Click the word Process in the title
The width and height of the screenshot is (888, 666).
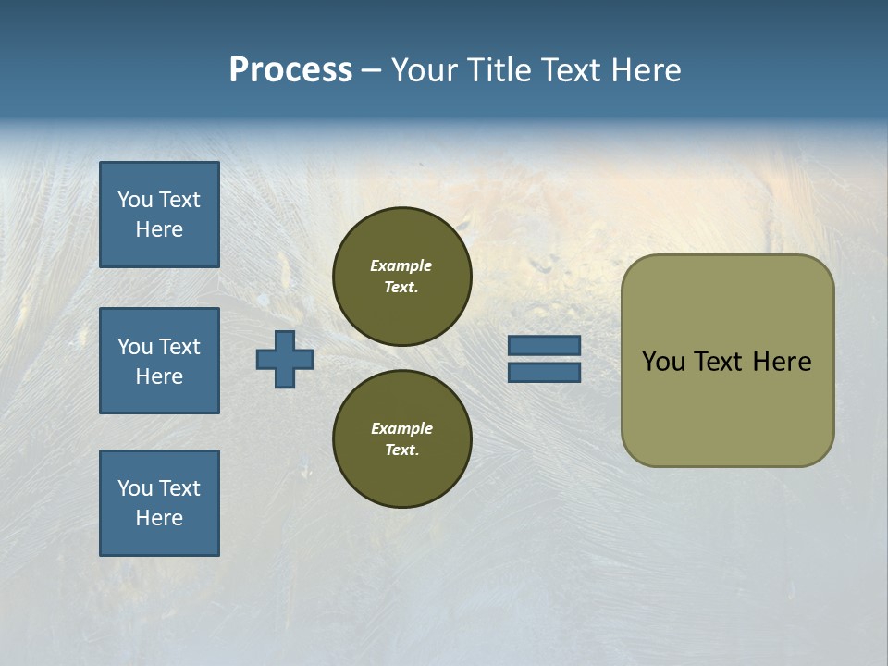coord(290,70)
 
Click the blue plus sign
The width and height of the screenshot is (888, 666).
coord(285,359)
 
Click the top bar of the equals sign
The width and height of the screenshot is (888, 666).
coord(545,346)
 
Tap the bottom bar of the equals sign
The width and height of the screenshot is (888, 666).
coord(545,372)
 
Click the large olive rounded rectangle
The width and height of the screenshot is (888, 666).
coord(727,416)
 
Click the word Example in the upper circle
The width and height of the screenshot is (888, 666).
coord(401,265)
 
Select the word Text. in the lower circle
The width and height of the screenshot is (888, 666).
coord(402,450)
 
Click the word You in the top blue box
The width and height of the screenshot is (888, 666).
coord(135,200)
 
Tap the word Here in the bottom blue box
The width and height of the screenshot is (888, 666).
coord(159,518)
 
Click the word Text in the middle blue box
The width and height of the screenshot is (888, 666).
coord(179,347)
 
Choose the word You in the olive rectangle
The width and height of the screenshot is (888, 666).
coord(662,362)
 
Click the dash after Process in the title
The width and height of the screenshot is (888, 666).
coord(372,71)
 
